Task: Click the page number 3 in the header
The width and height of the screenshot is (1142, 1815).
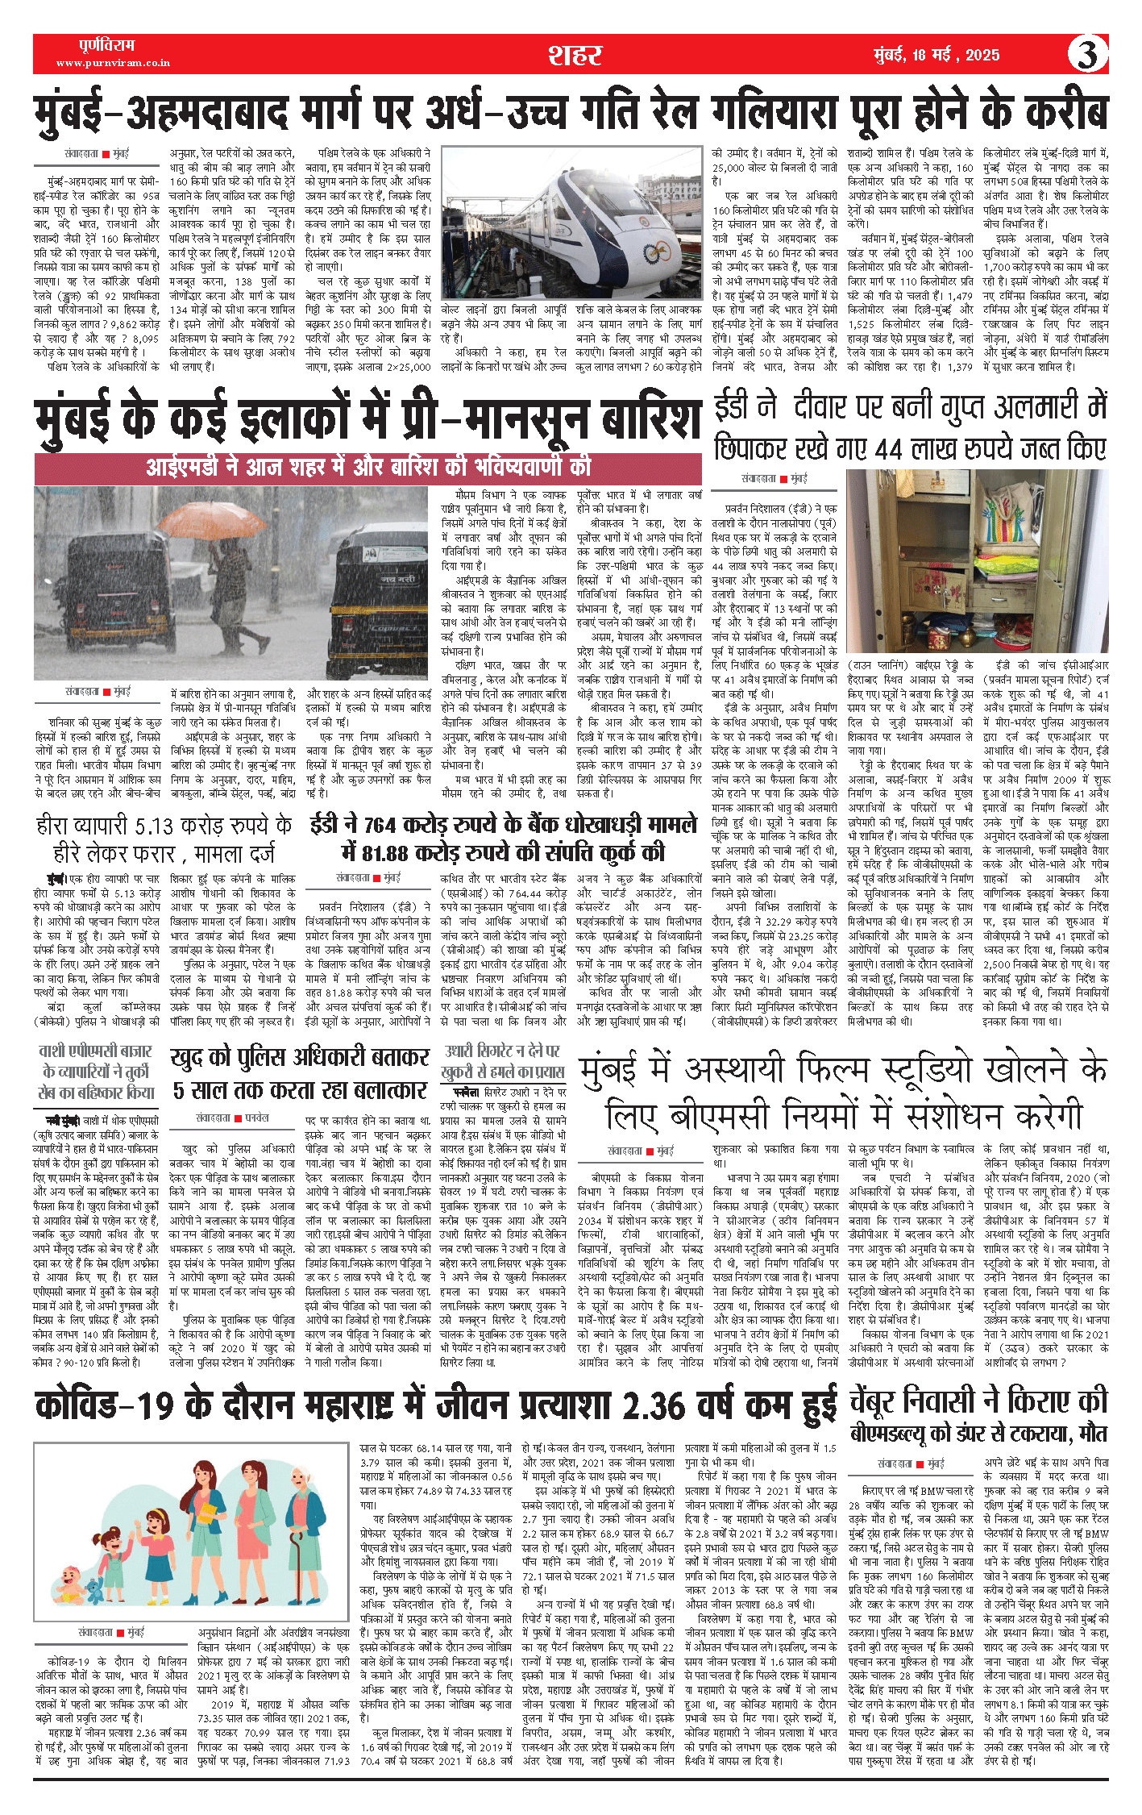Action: pyautogui.click(x=1087, y=55)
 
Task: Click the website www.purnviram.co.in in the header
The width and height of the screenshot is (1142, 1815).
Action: pyautogui.click(x=113, y=63)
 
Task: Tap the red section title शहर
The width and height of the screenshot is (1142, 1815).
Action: pyautogui.click(x=575, y=55)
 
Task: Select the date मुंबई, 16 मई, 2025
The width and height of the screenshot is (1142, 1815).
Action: pyautogui.click(x=936, y=55)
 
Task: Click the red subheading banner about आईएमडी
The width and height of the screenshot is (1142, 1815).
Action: pyautogui.click(x=368, y=467)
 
